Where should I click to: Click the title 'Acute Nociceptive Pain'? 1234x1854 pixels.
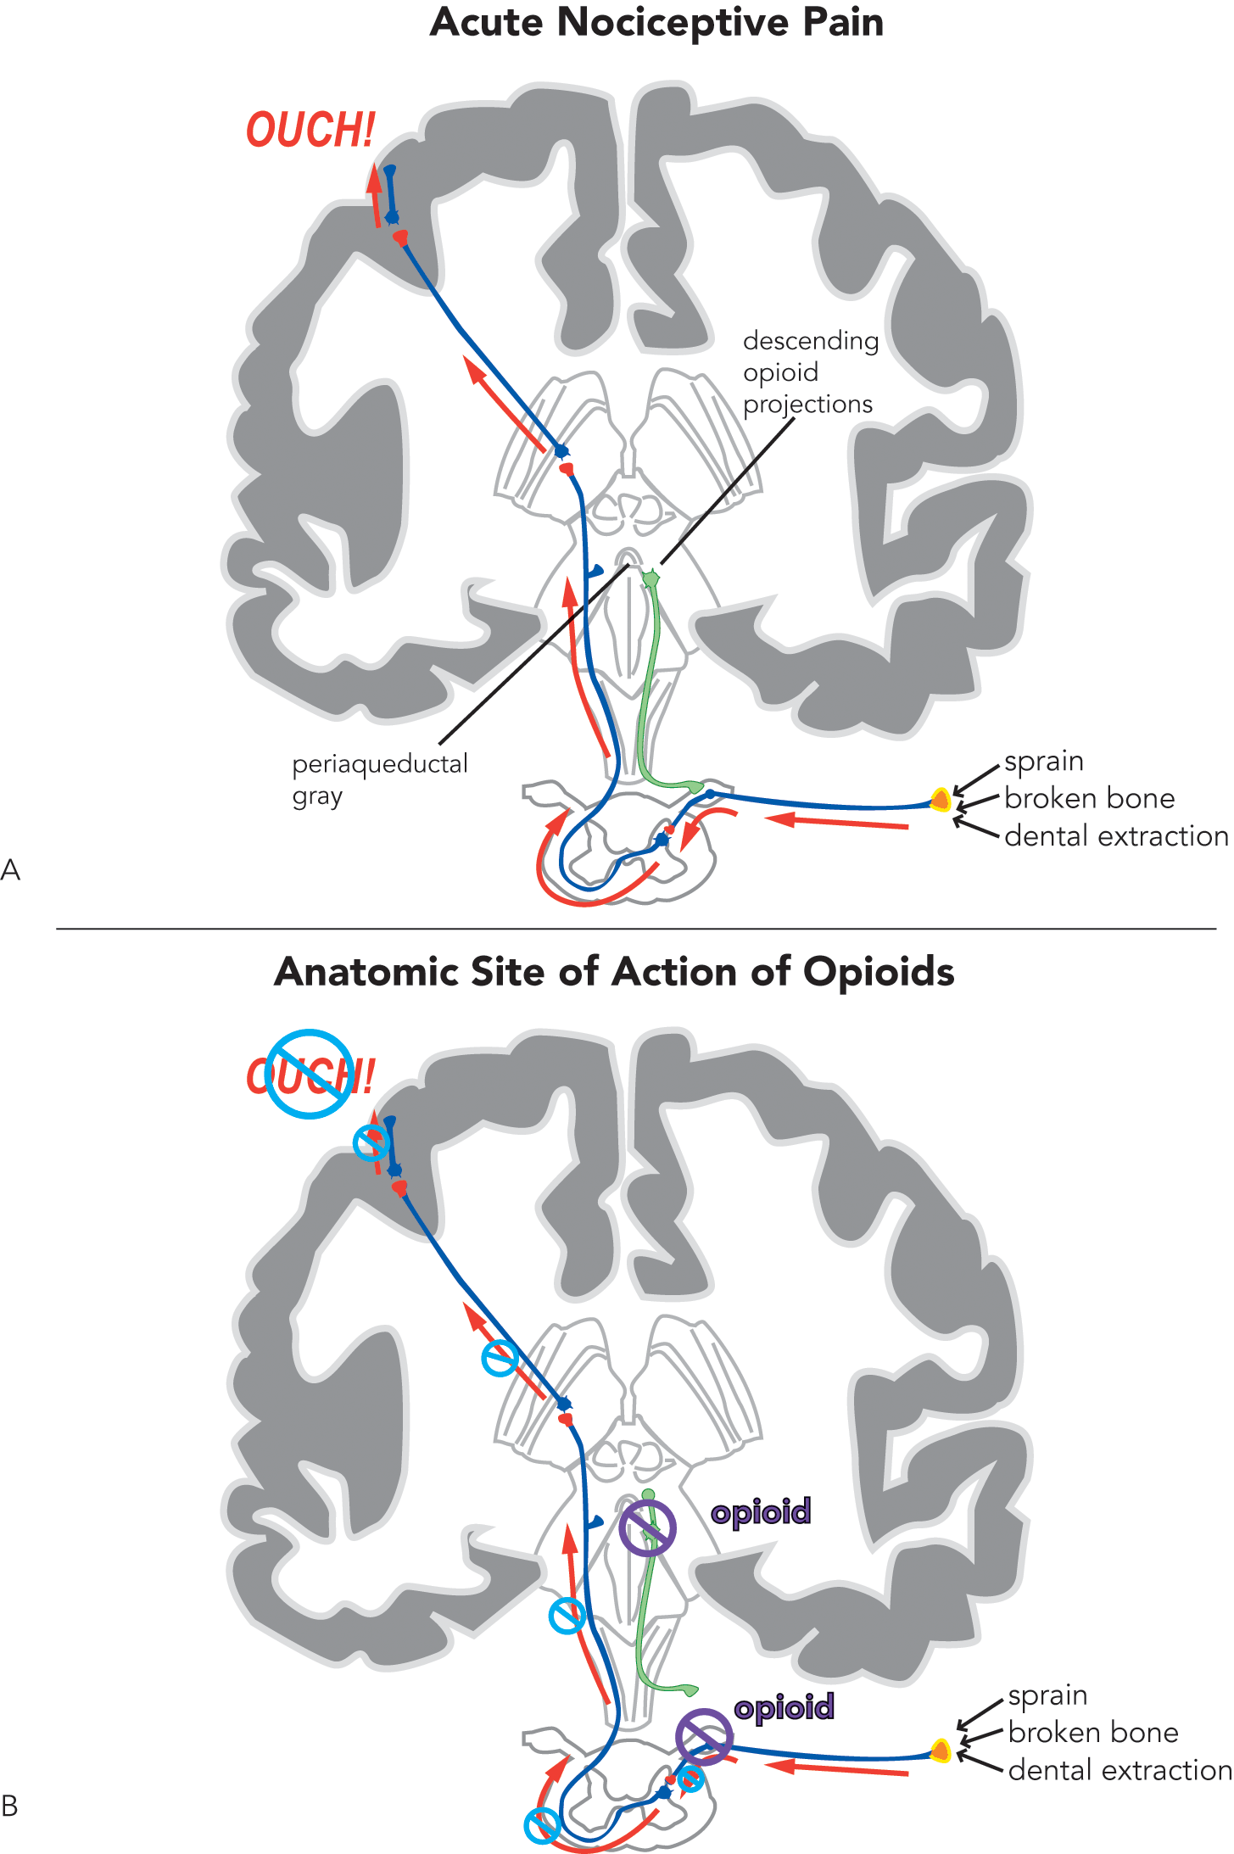click(656, 23)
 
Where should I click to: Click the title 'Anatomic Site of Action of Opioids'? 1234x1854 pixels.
click(614, 972)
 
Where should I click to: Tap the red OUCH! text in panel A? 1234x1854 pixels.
click(310, 131)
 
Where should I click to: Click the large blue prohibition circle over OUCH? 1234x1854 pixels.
click(310, 1074)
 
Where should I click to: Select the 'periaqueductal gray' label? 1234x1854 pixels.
click(379, 779)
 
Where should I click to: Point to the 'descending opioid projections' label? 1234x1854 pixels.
click(810, 372)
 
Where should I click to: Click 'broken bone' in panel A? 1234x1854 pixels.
click(1089, 799)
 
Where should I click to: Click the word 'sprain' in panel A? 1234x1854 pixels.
click(1043, 762)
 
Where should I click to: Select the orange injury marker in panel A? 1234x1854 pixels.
click(941, 800)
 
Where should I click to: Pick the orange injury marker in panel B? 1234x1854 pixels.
click(941, 1751)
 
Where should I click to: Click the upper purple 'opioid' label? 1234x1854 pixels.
click(761, 1511)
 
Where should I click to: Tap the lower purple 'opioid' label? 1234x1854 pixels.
click(784, 1707)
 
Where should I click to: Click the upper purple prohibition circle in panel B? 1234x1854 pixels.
click(647, 1527)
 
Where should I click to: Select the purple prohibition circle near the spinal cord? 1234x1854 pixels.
click(704, 1737)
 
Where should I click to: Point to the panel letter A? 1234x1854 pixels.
click(10, 870)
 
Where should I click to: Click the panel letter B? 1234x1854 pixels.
click(10, 1807)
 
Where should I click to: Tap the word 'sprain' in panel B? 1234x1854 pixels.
click(1047, 1695)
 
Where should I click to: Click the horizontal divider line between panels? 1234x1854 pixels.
click(636, 929)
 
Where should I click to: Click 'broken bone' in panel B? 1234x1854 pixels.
click(1093, 1733)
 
